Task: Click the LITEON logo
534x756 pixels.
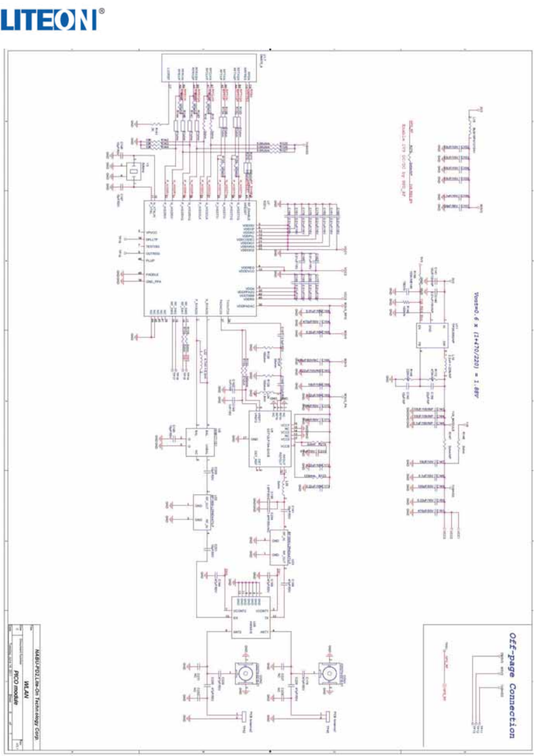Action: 49,21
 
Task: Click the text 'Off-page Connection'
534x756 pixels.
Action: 512,685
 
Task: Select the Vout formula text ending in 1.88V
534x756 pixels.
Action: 476,346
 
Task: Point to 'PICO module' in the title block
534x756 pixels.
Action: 17,689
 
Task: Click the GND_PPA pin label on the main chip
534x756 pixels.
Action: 154,281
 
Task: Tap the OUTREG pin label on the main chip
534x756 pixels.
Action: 153,253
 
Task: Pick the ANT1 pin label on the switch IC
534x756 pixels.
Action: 265,632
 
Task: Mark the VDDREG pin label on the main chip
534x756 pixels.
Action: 247,267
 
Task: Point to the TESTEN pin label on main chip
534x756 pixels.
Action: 153,246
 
